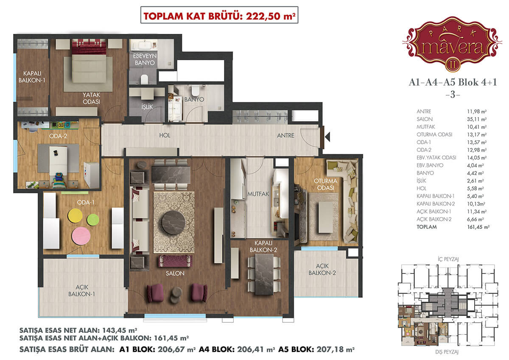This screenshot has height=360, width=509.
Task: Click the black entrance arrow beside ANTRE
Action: (327, 137)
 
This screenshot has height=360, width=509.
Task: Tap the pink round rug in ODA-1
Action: (81, 236)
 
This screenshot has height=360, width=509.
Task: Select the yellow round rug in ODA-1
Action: (75, 215)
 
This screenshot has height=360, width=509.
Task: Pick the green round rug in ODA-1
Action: (93, 220)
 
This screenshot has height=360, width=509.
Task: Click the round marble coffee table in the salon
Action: (173, 223)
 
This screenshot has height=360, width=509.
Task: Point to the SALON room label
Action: (175, 273)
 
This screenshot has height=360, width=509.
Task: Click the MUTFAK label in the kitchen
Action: (258, 194)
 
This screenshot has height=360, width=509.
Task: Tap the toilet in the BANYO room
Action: (195, 91)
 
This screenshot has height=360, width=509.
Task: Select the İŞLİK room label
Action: (147, 106)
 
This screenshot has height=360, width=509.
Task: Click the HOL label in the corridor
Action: (165, 135)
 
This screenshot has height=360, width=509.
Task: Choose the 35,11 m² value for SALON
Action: (477, 119)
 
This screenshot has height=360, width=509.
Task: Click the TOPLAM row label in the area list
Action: (427, 227)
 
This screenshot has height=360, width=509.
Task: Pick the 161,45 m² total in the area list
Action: (478, 227)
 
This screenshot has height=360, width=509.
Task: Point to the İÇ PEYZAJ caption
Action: (448, 259)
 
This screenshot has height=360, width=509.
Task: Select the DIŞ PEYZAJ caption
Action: (447, 352)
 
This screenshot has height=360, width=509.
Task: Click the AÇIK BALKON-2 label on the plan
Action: (322, 269)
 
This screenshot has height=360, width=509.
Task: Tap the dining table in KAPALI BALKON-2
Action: (264, 274)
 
